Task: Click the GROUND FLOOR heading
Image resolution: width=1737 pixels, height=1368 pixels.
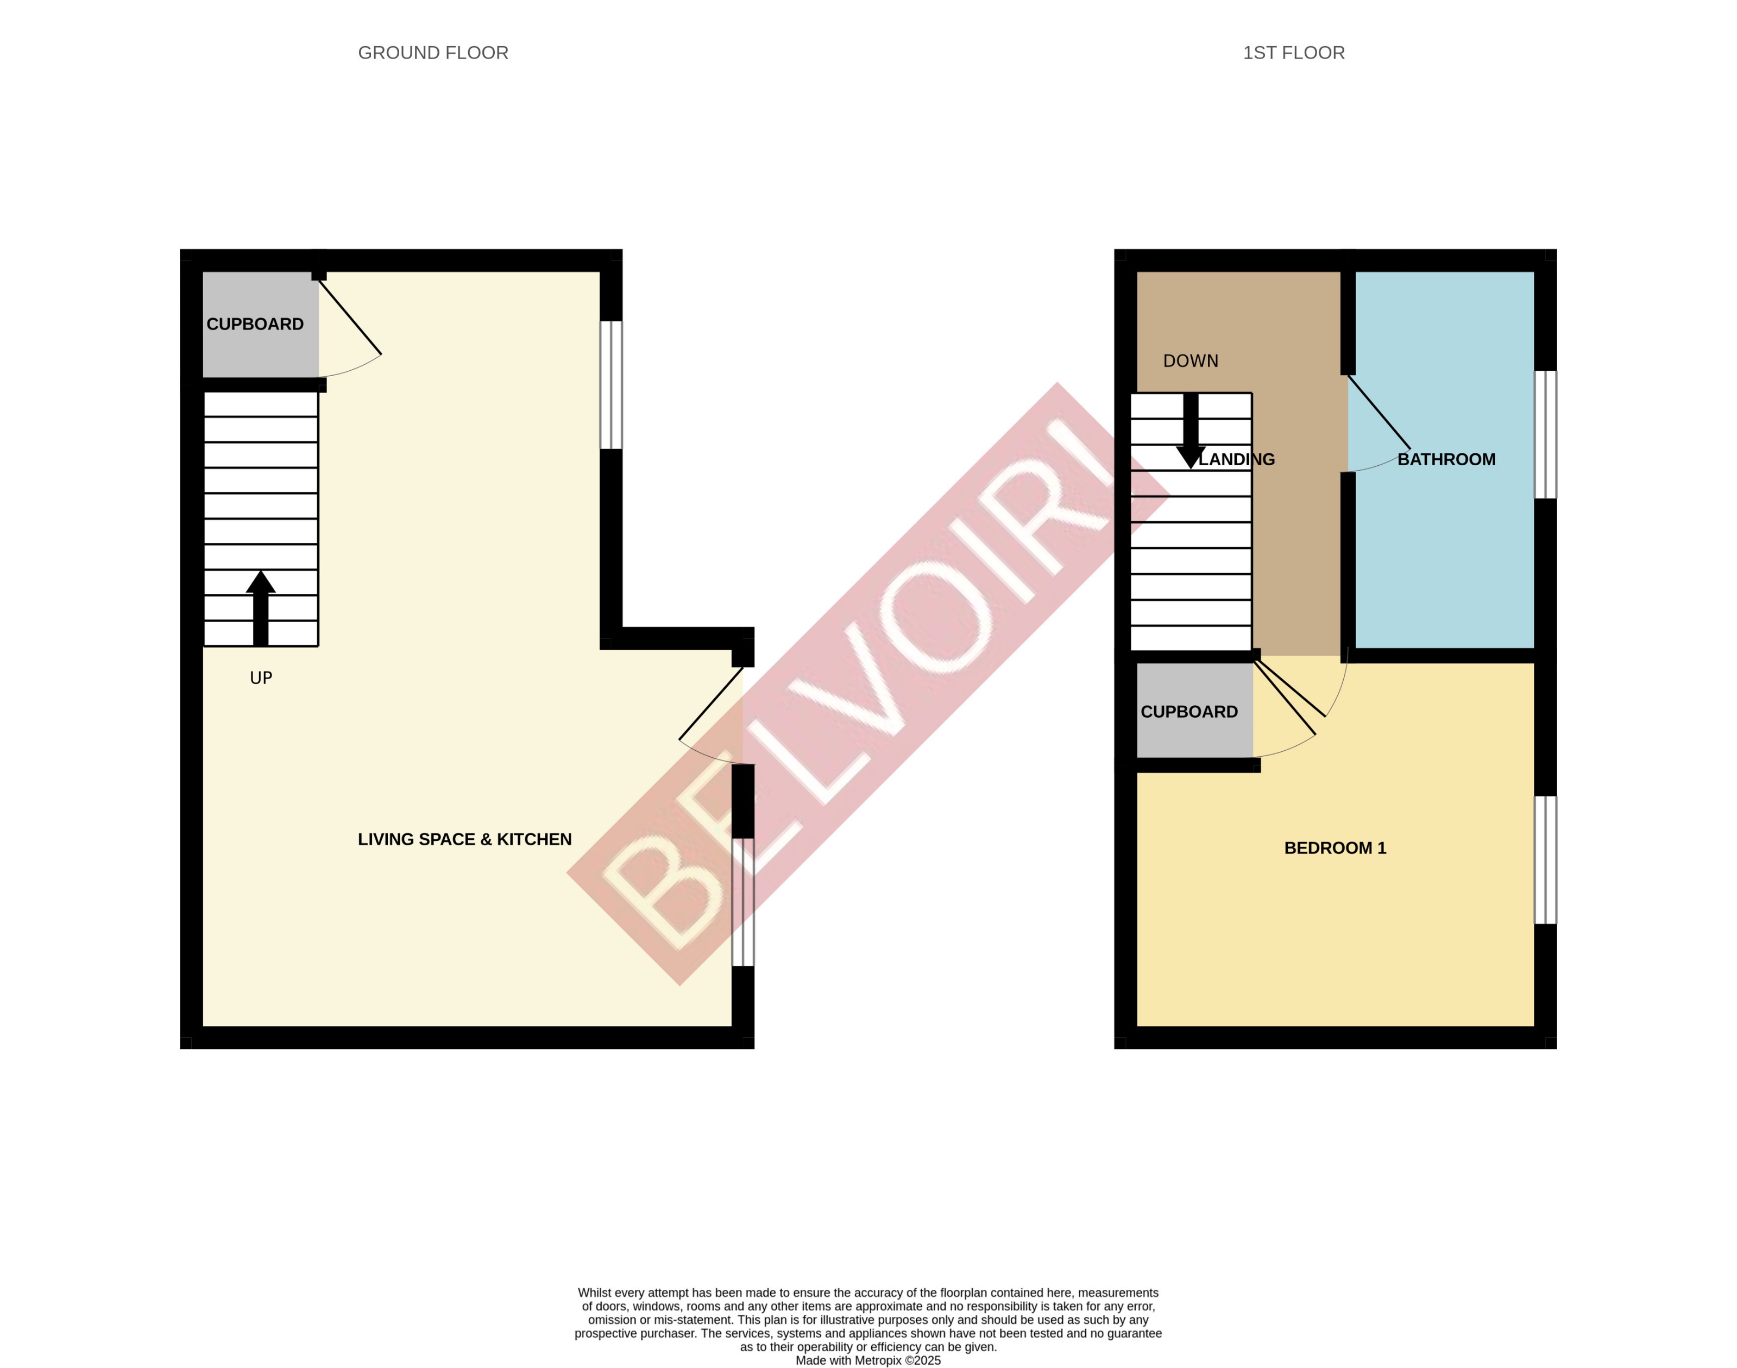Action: click(433, 53)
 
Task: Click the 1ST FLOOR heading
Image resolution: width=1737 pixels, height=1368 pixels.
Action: click(1293, 53)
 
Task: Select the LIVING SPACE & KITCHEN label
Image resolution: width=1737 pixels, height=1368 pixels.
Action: click(465, 839)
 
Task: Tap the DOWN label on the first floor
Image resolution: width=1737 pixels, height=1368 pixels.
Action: click(1191, 361)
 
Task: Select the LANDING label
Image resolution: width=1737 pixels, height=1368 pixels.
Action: click(1237, 460)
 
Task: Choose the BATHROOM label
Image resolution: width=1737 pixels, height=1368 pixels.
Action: click(1446, 460)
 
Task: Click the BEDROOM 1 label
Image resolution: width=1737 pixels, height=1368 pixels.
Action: click(1335, 848)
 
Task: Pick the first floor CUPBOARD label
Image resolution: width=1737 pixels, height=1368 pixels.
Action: click(1189, 712)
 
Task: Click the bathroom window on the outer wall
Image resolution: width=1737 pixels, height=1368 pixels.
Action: click(1545, 434)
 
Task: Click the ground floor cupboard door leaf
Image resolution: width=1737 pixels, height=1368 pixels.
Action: click(350, 316)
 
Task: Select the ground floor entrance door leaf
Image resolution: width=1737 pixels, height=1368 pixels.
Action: click(712, 703)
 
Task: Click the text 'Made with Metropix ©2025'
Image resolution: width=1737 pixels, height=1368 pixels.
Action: click(868, 1360)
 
